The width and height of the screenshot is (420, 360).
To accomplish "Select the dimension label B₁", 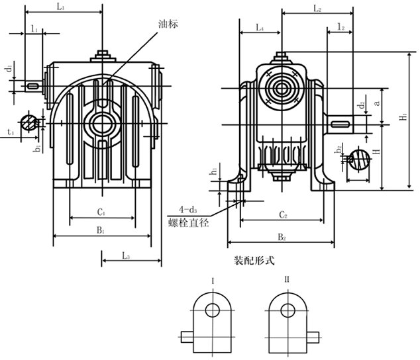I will click(x=99, y=230).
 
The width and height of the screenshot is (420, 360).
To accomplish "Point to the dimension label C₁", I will click(x=101, y=212).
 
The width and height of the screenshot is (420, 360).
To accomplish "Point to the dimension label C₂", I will click(x=282, y=215).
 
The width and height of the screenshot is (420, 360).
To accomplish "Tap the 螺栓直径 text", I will click(x=189, y=223).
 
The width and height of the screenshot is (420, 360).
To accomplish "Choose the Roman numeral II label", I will click(x=286, y=281).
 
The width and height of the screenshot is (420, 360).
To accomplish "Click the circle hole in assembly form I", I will click(x=213, y=310).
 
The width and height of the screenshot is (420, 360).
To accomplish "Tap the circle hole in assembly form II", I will click(x=287, y=310).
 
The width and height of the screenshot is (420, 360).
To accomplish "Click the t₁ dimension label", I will click(x=9, y=132).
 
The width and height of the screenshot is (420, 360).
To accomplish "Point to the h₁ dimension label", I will click(x=213, y=171).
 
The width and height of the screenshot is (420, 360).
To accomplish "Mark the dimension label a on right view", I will click(x=377, y=102).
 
